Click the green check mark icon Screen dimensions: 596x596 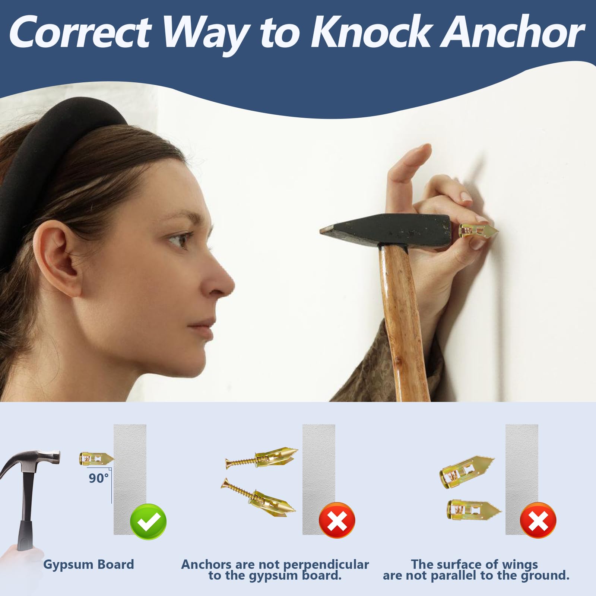click(148, 521)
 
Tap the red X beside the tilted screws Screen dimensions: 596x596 click(337, 520)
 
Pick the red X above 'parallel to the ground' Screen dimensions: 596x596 click(538, 520)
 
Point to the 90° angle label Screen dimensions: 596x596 click(99, 478)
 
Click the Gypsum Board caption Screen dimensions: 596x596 click(89, 565)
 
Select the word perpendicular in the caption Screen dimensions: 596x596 click(323, 565)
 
